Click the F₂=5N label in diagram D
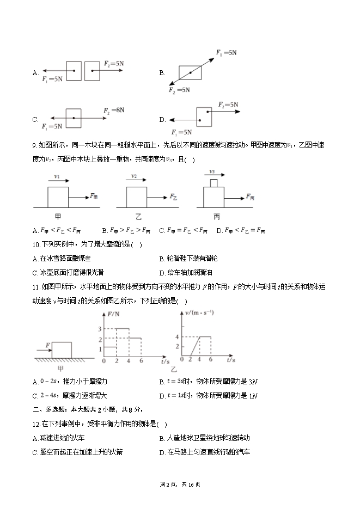(x=228, y=104)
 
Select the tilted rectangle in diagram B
(x=190, y=72)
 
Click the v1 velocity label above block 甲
(x=57, y=177)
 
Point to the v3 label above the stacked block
(x=213, y=171)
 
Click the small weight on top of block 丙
(x=213, y=183)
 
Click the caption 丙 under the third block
(x=217, y=217)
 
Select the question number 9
(x=34, y=145)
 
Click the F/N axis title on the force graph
(x=114, y=314)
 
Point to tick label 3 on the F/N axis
(x=100, y=329)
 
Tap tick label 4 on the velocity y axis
(x=177, y=338)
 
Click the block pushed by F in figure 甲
(x=62, y=349)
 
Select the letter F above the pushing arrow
(x=48, y=344)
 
